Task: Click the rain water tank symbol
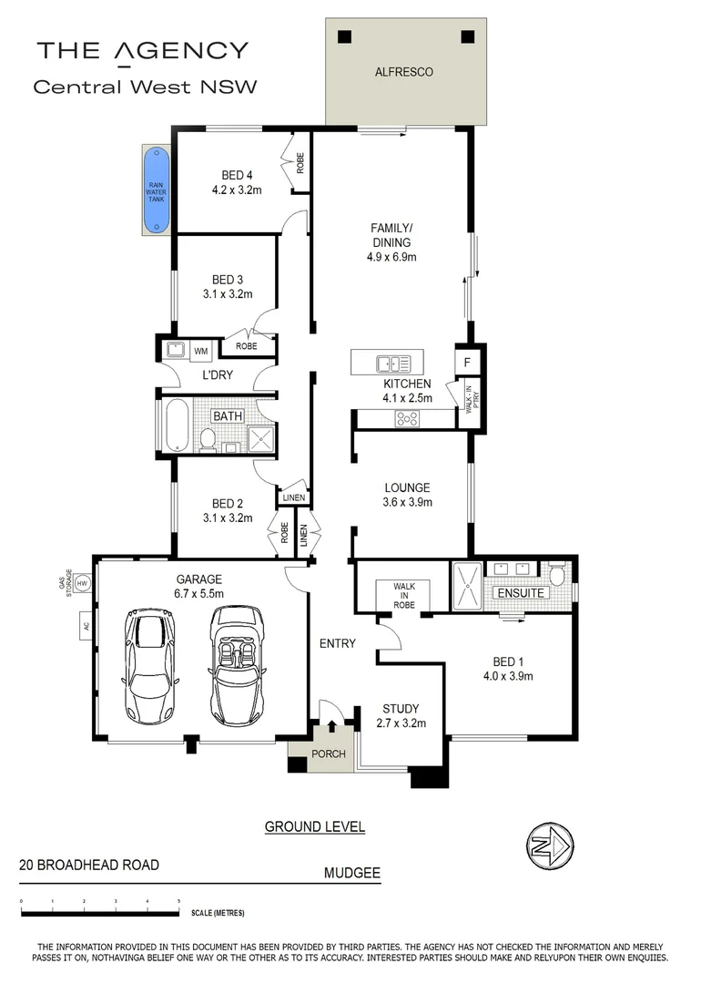157,190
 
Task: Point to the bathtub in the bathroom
176,425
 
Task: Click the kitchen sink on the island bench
393,364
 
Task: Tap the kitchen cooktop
406,419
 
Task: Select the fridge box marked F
465,362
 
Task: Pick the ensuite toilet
557,576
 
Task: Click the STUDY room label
401,709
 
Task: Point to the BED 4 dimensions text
237,191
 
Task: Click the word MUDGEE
351,873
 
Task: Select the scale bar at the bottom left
100,911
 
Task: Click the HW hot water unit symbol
82,583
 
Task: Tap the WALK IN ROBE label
404,595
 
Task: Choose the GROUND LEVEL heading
315,827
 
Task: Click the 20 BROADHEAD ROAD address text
89,865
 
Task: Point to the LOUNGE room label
407,487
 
